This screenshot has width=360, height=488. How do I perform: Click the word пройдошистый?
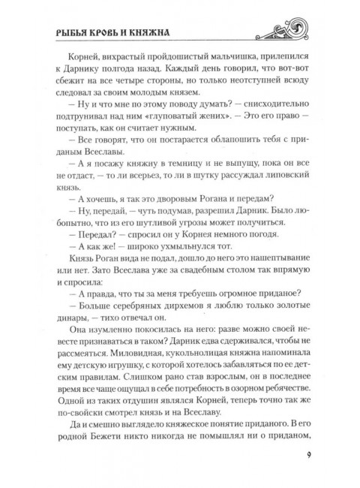click(186, 67)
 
